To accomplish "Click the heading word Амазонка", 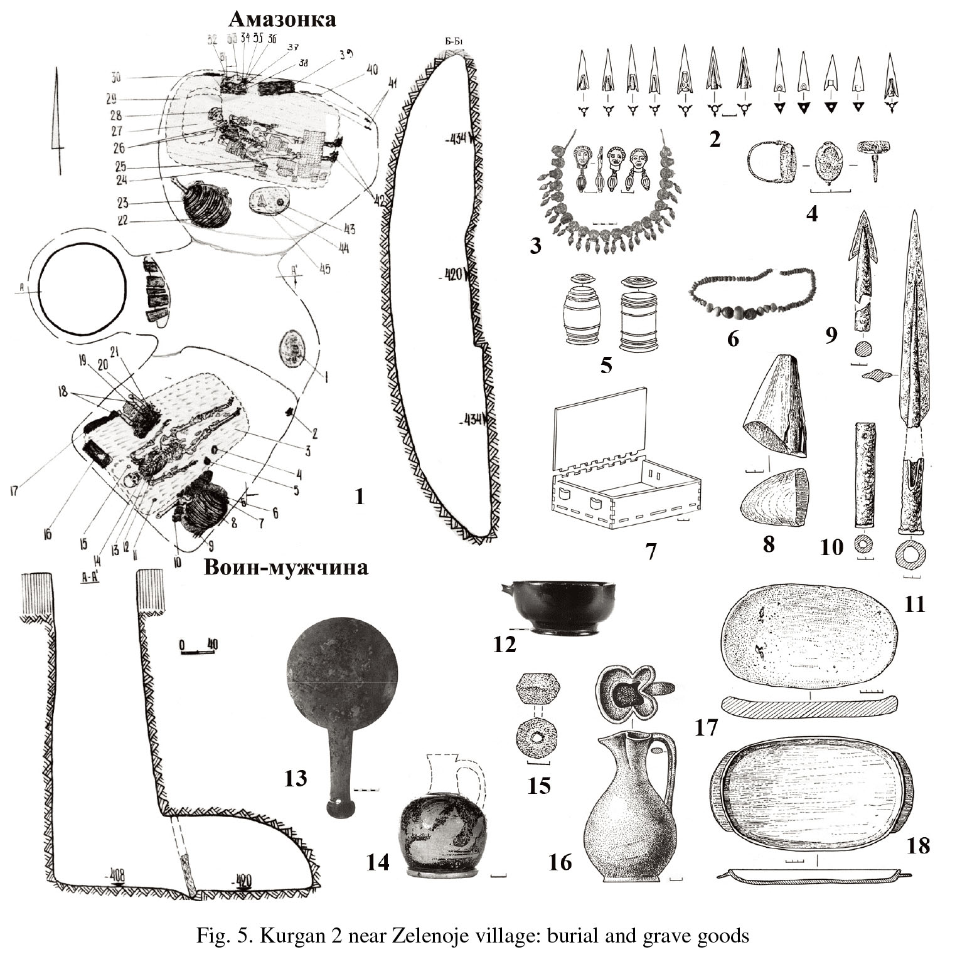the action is [282, 19].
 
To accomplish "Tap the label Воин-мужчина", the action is [286, 568].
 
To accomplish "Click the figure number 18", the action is [917, 845].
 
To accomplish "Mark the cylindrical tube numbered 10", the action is [863, 477].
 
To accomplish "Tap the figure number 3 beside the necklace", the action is [535, 246].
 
